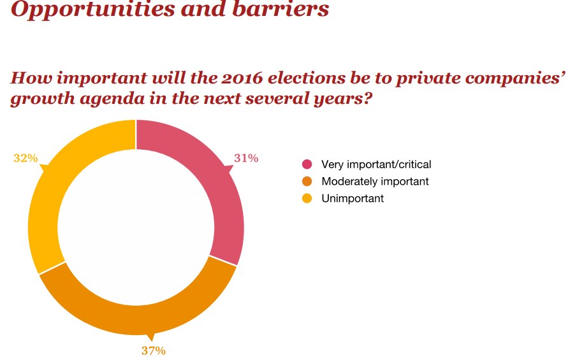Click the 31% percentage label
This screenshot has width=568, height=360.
coord(246,159)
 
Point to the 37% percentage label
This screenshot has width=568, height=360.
coord(154,350)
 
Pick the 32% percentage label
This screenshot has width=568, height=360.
coord(25,157)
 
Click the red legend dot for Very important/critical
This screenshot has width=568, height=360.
coord(307,164)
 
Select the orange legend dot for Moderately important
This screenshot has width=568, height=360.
coord(307,182)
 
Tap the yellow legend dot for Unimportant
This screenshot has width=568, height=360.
coord(307,198)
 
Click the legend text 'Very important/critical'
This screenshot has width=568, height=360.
coord(377,164)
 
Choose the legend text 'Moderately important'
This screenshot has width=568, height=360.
coord(375,182)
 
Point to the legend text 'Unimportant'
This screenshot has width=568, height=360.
coord(353,198)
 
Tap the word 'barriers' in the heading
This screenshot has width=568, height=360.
coord(286,10)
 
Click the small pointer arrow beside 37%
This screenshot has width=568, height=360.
coord(151,337)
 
